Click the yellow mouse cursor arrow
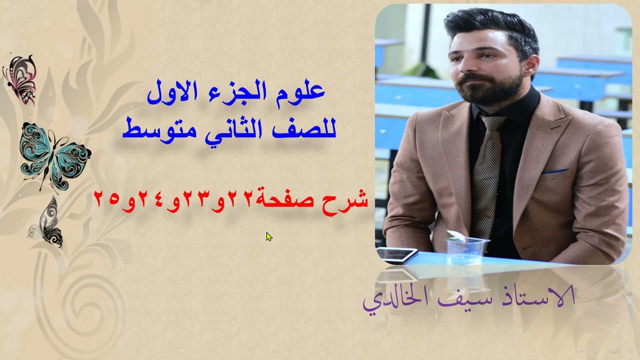pos(269,236)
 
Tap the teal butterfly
pos(55,155)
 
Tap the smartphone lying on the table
pos(397,254)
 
